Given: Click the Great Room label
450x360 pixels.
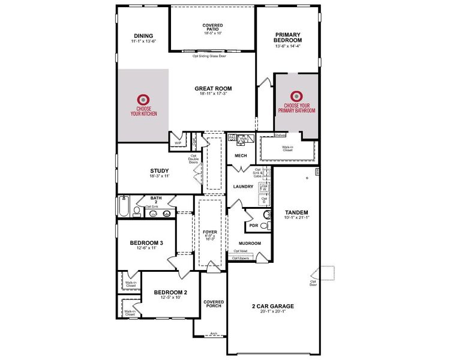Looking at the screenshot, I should pos(213,89).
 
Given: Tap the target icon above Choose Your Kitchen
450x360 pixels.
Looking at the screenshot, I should pos(143,99).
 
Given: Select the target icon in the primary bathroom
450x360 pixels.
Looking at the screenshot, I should pos(296,96).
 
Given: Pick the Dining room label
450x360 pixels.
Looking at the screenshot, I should pos(143,35).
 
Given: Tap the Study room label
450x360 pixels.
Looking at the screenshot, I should pos(160,170).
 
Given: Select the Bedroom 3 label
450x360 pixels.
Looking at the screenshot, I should pos(146,243).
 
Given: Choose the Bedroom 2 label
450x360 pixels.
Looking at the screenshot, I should pos(170,293).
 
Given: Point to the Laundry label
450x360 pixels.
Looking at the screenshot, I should pos(243,187).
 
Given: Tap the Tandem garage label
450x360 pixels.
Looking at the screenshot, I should pos(296,212).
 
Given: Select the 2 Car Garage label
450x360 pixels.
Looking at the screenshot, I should pos(272,306).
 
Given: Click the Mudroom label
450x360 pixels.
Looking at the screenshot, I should pos(250,243).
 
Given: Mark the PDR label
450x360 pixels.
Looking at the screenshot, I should pos(253,226).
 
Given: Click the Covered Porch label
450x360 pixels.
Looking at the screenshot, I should pos(213,304).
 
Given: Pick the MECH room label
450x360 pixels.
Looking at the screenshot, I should pos(241,156).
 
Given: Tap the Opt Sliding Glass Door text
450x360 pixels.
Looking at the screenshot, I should pos(212,56).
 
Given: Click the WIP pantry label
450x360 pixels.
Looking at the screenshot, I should pos(178,143).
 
